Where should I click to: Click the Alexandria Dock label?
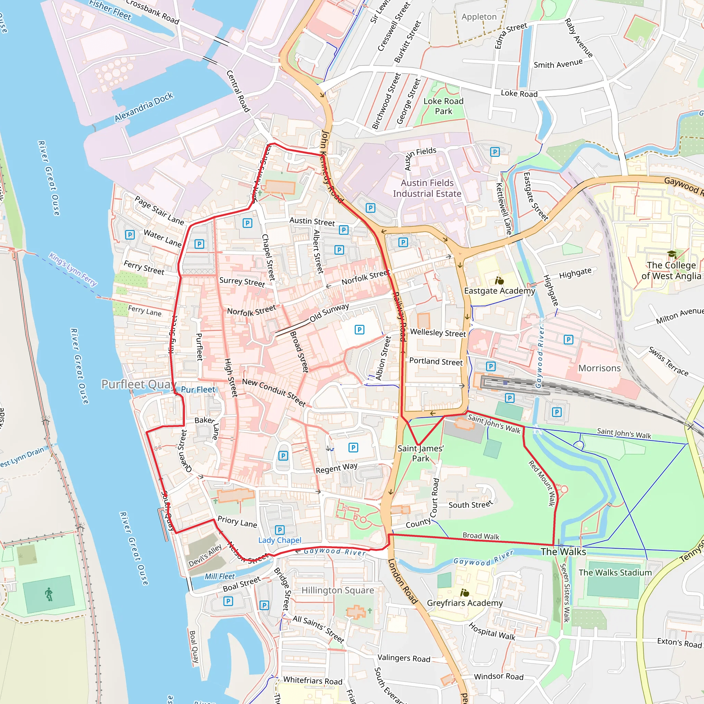pos(144,107)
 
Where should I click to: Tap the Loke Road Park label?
pos(443,106)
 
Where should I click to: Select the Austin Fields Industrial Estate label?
pos(427,188)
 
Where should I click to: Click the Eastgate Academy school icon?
pos(499,280)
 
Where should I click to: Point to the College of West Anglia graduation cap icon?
pos(672,254)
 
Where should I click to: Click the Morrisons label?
pos(599,368)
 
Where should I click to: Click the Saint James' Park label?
pos(420,453)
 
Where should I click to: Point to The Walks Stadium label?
pos(615,572)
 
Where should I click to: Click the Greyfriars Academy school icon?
pos(465,593)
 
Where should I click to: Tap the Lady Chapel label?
pos(280,540)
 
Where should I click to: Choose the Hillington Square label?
pos(338,590)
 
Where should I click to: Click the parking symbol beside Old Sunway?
pos(359,330)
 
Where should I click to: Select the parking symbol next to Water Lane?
pos(130,235)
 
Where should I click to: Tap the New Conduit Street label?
pos(274,392)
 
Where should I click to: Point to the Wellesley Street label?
pos(438,333)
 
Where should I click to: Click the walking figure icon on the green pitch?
pos(49,594)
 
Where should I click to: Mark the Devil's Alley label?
pos(205,556)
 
